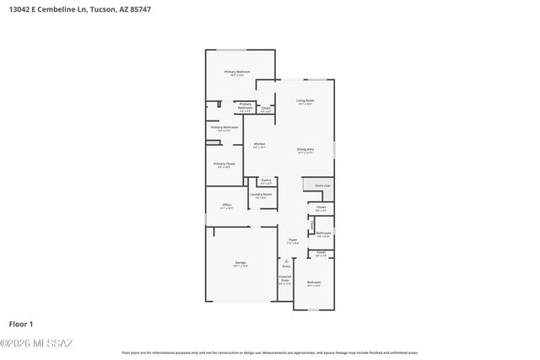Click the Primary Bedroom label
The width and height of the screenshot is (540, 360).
[237, 73]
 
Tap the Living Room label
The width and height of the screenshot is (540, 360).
[305, 101]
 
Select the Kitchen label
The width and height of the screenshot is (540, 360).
[260, 144]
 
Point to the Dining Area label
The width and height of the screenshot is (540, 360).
[305, 150]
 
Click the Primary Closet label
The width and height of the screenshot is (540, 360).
[224, 164]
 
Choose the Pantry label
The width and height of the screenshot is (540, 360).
[266, 180]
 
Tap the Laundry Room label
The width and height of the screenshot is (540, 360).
[261, 195]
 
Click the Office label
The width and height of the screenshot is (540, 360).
[226, 205]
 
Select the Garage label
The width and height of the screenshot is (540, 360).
[240, 263]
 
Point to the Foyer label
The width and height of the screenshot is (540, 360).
[293, 240]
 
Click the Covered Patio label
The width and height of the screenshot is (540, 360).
[285, 278]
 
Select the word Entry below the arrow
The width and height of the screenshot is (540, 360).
[286, 267]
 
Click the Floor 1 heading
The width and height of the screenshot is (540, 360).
[20, 324]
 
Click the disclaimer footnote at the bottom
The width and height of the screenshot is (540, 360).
[269, 352]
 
